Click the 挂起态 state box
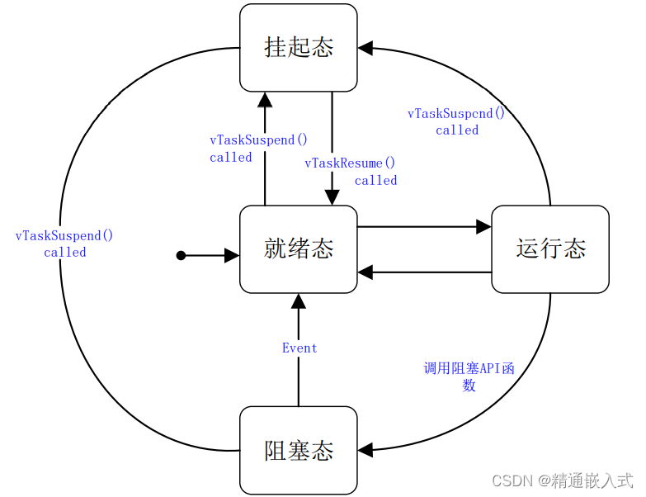[x=299, y=47]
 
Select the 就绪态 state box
[x=299, y=248]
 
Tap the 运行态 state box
[x=550, y=248]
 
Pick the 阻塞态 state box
[x=299, y=450]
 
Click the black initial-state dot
[x=182, y=256]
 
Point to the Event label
[x=299, y=348]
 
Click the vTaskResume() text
[x=350, y=163]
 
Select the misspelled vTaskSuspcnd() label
[x=456, y=114]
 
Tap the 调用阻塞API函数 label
[x=469, y=369]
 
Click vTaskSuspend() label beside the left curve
[x=64, y=236]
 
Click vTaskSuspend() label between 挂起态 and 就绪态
[x=258, y=140]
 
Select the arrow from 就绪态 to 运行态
[x=424, y=226]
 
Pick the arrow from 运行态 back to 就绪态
[x=424, y=272]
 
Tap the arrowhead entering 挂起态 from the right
[x=365, y=49]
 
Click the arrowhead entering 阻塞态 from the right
[x=365, y=451]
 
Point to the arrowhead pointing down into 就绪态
[x=332, y=197]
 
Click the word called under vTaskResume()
[x=375, y=181]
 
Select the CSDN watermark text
[x=562, y=480]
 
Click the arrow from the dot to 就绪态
[x=210, y=256]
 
